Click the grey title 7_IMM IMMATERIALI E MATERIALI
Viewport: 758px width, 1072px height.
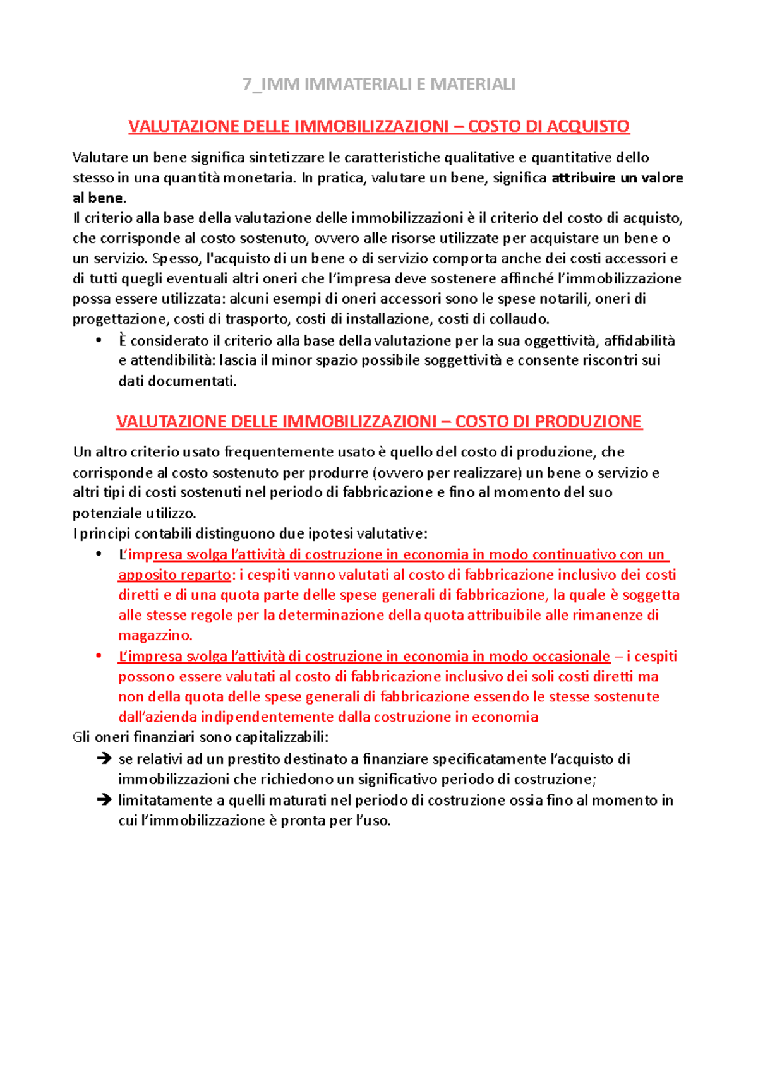[379, 84]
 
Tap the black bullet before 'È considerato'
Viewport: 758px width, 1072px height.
[99, 341]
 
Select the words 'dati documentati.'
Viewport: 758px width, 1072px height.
[177, 381]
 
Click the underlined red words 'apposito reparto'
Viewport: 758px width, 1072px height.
[174, 575]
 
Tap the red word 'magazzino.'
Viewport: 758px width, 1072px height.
[155, 635]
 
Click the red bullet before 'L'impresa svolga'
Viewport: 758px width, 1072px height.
[99, 657]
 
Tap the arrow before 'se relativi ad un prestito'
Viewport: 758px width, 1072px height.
[104, 759]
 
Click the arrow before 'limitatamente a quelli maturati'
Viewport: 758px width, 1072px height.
[104, 800]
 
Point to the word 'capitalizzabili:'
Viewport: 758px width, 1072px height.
[282, 737]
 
